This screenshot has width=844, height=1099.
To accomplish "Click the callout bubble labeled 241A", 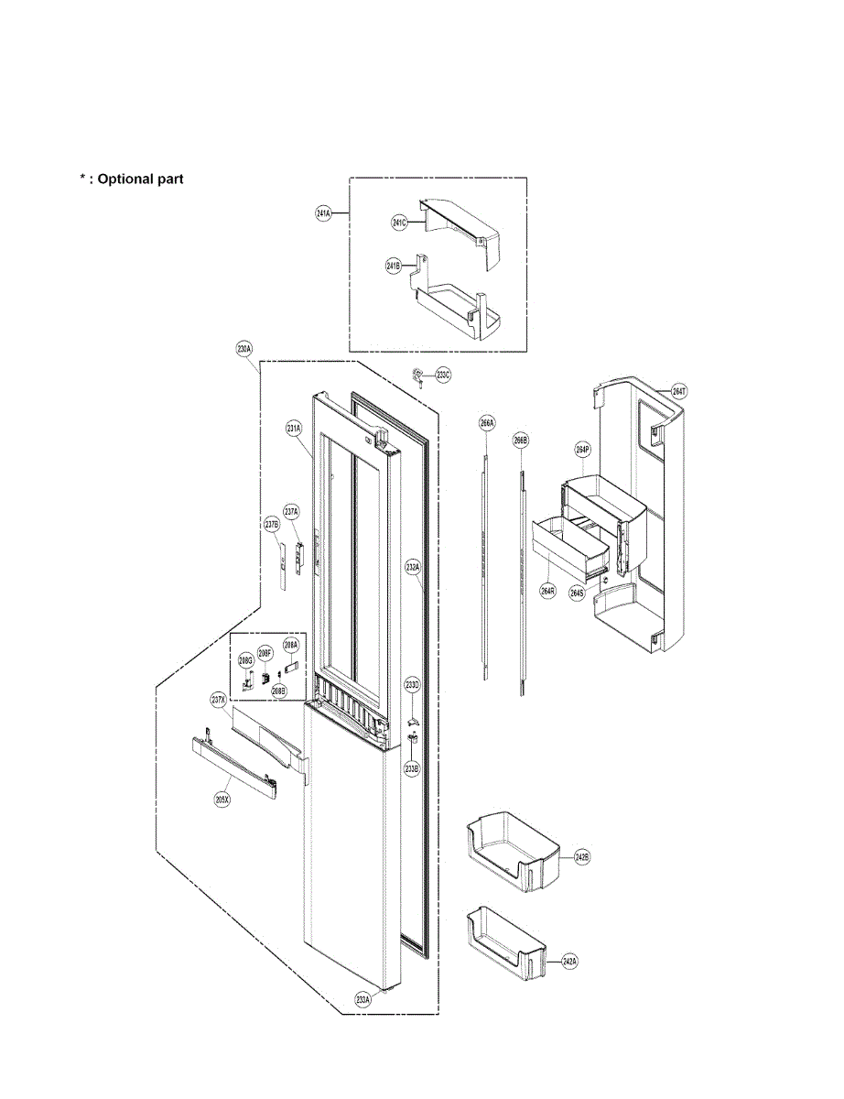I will [323, 213].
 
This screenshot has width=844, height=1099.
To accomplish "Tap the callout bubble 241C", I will [399, 223].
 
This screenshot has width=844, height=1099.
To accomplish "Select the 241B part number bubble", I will [393, 267].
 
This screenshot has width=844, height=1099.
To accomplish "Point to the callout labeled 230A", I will [243, 349].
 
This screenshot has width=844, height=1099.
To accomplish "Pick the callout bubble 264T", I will [678, 391].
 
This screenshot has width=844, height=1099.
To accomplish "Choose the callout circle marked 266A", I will [487, 423].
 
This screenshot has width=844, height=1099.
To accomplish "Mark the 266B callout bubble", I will [521, 441].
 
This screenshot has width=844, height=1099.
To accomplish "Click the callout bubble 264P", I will [582, 450].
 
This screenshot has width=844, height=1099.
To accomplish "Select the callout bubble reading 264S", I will [577, 593].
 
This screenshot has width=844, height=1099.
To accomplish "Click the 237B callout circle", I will [271, 525].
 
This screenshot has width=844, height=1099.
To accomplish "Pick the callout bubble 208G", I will [245, 659].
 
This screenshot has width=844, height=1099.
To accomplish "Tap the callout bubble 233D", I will [413, 686].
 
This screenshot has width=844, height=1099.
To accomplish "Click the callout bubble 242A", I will [569, 962].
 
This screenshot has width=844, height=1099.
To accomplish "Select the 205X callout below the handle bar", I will [222, 799].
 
